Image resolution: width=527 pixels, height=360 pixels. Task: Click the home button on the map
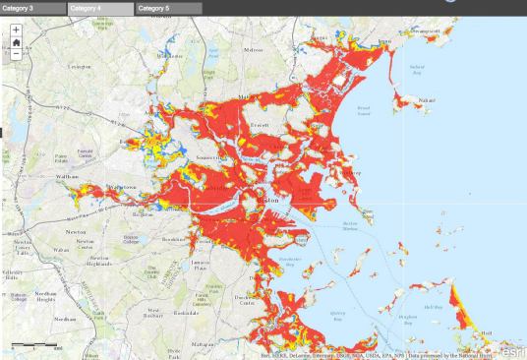coord(16,42)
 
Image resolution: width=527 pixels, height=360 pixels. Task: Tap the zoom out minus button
coord(16,54)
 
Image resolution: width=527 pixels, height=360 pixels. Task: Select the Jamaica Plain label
coord(203,265)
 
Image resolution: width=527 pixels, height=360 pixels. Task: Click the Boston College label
coord(130,239)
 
